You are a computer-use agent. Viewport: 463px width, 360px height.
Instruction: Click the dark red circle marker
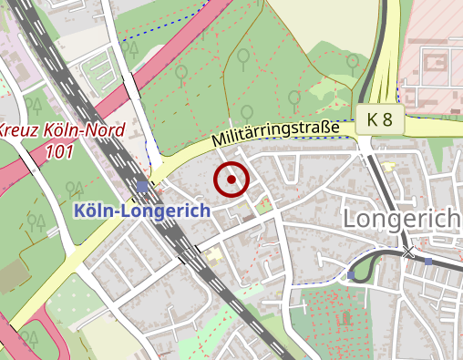click(x=231, y=180)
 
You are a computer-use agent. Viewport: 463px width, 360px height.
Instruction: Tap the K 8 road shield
click(x=380, y=119)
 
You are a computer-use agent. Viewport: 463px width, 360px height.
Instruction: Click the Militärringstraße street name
click(x=274, y=135)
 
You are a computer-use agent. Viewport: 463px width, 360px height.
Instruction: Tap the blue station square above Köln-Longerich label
click(x=141, y=187)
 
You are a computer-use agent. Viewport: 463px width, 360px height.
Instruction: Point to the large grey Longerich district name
click(x=400, y=219)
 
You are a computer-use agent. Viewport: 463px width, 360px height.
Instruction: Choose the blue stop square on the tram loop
click(x=351, y=274)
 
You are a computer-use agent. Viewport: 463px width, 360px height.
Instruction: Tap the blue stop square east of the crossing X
click(x=428, y=262)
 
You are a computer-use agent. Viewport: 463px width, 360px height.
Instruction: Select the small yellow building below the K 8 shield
click(x=390, y=166)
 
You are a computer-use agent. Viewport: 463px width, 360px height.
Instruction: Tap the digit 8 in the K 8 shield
click(x=388, y=119)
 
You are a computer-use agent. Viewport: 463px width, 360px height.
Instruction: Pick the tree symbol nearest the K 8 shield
click(x=352, y=62)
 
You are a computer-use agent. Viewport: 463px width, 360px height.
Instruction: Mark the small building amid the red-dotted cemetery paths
click(x=345, y=318)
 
